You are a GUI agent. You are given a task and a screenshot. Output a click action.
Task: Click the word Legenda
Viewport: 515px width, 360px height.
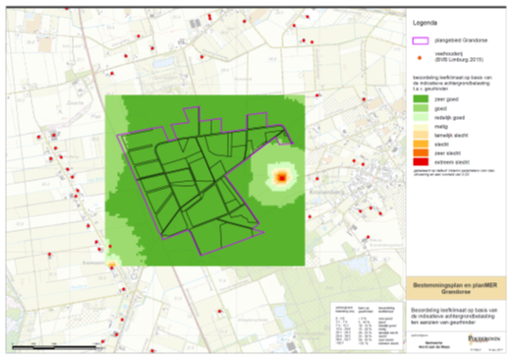point(426,21)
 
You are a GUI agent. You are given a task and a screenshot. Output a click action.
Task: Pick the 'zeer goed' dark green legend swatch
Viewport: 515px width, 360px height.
point(420,98)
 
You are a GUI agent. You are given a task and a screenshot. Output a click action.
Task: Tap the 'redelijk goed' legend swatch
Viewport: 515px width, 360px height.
point(420,117)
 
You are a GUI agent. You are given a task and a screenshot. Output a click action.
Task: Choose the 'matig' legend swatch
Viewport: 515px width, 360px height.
point(420,126)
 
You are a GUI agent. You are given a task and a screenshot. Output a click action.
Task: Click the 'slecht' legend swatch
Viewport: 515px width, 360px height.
point(420,144)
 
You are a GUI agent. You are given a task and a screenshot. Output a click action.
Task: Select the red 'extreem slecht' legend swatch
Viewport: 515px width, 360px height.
point(420,162)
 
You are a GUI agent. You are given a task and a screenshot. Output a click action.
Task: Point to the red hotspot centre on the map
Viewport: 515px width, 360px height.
point(281,178)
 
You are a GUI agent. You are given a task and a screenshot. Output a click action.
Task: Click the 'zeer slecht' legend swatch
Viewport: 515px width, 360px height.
point(420,153)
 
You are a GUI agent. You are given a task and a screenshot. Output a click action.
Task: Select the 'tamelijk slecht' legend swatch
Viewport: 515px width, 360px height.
point(420,135)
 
